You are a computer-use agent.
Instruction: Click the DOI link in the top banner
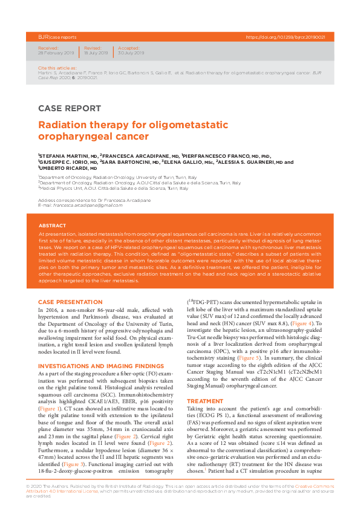click(x=286, y=37)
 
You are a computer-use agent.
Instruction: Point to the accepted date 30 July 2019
click(x=131, y=53)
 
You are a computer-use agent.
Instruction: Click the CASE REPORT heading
click(x=69, y=109)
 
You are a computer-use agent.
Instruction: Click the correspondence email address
click(x=87, y=205)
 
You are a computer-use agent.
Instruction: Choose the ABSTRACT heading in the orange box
click(x=52, y=225)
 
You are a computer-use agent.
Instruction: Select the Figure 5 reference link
click(x=249, y=341)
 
